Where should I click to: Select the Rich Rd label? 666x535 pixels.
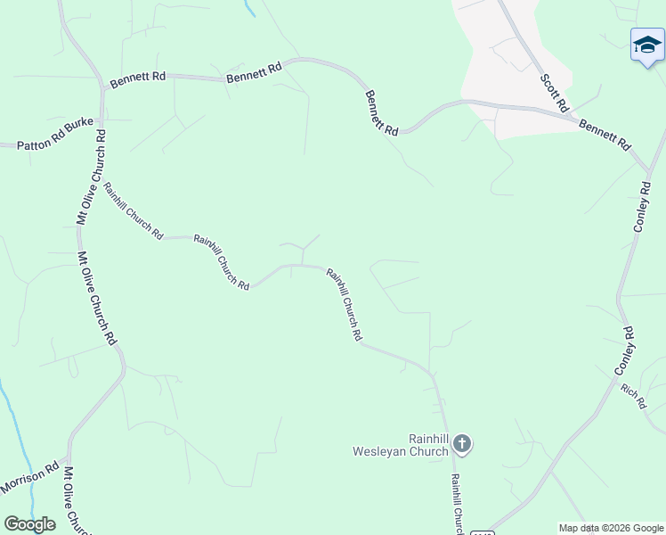point(633,396)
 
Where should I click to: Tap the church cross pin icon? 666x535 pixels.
point(462,443)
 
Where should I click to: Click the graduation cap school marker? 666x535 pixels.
point(647,45)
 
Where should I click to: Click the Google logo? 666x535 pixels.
point(30,524)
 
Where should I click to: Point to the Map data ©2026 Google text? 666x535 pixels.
point(611,528)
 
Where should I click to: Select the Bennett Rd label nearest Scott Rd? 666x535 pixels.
point(605,135)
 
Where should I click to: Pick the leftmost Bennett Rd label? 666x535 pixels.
point(138,80)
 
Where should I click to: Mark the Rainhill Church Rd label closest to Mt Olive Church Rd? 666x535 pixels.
point(134,211)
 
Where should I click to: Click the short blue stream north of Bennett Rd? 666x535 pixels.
point(250,8)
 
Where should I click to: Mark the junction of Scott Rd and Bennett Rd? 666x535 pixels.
point(571,113)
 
